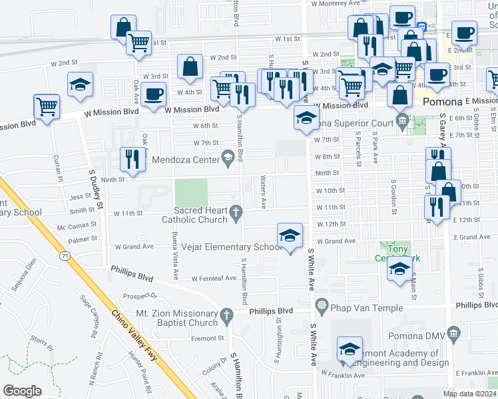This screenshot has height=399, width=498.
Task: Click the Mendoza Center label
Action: coord(186,160)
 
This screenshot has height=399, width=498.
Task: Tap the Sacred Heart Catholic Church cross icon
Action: coord(235,213)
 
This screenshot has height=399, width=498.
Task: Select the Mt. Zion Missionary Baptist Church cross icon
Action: coord(227,316)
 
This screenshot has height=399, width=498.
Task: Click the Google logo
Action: coord(22,390)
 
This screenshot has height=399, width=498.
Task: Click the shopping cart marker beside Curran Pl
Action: coord(47,106)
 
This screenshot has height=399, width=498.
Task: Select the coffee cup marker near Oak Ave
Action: coord(152,95)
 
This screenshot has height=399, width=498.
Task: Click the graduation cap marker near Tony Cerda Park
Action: coord(399,269)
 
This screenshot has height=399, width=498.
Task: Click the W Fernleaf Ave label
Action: coord(214,279)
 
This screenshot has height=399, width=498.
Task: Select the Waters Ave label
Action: coord(264,192)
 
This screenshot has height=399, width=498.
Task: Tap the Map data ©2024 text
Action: coord(469,394)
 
